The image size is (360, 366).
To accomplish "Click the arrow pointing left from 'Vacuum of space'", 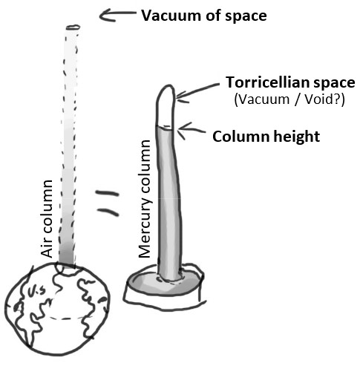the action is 117,15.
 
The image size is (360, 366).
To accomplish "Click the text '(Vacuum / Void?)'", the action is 289,99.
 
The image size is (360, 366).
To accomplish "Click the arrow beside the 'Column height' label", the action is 192,130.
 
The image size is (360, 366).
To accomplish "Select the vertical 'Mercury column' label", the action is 145,199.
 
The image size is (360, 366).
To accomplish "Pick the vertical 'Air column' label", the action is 47,218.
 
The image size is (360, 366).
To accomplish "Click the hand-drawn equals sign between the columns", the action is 108,203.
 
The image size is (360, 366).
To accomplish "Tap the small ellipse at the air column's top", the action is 73,27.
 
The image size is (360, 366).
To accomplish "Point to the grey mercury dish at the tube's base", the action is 164,282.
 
